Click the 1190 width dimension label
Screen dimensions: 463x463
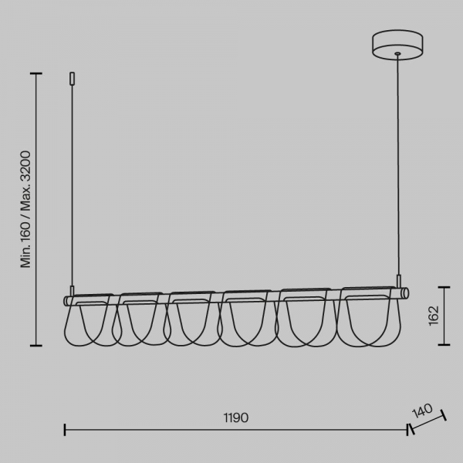tap(236, 417)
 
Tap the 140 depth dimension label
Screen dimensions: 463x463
tap(422, 411)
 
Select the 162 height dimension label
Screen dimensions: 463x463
tap(434, 316)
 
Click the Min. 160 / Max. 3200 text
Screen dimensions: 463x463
tap(25, 209)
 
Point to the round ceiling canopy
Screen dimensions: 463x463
tap(397, 45)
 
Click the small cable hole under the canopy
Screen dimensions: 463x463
tap(397, 54)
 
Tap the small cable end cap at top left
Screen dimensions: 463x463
tap(72, 79)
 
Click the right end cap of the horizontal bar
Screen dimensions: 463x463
tap(405, 293)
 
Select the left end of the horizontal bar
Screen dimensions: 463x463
tap(66, 301)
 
